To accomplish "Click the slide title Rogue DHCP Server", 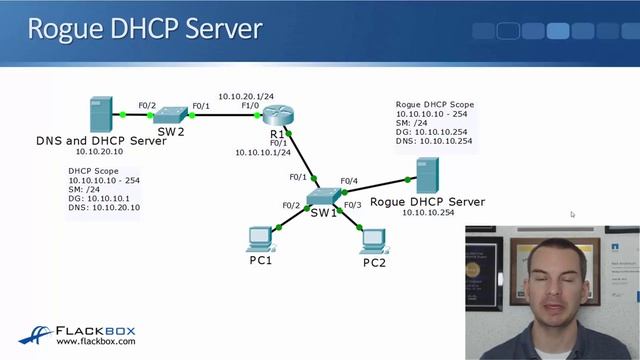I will pos(145,28).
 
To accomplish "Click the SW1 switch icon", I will pos(324,197).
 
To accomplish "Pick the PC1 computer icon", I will pos(260,239).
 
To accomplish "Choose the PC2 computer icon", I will pos(374,240).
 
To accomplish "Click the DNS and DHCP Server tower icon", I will pos(101,112).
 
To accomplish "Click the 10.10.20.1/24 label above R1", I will pos(246,96).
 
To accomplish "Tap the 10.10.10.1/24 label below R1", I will pos(263,153).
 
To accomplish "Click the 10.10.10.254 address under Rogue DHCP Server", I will pos(427,213).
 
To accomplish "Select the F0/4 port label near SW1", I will pos(348,181).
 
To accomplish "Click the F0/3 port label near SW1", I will pos(352,205).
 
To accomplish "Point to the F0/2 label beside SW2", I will pos(147,104).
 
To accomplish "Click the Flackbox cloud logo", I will pos(36,335).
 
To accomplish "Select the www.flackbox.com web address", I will pos(96,341).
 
